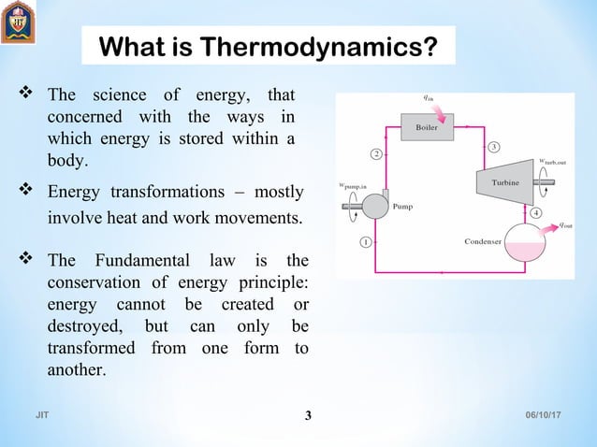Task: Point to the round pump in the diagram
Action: tap(376, 205)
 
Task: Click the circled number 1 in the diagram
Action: tap(366, 241)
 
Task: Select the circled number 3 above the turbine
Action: tap(493, 146)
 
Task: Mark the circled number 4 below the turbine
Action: tap(536, 213)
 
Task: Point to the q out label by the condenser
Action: tap(565, 225)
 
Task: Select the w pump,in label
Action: tap(358, 187)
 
